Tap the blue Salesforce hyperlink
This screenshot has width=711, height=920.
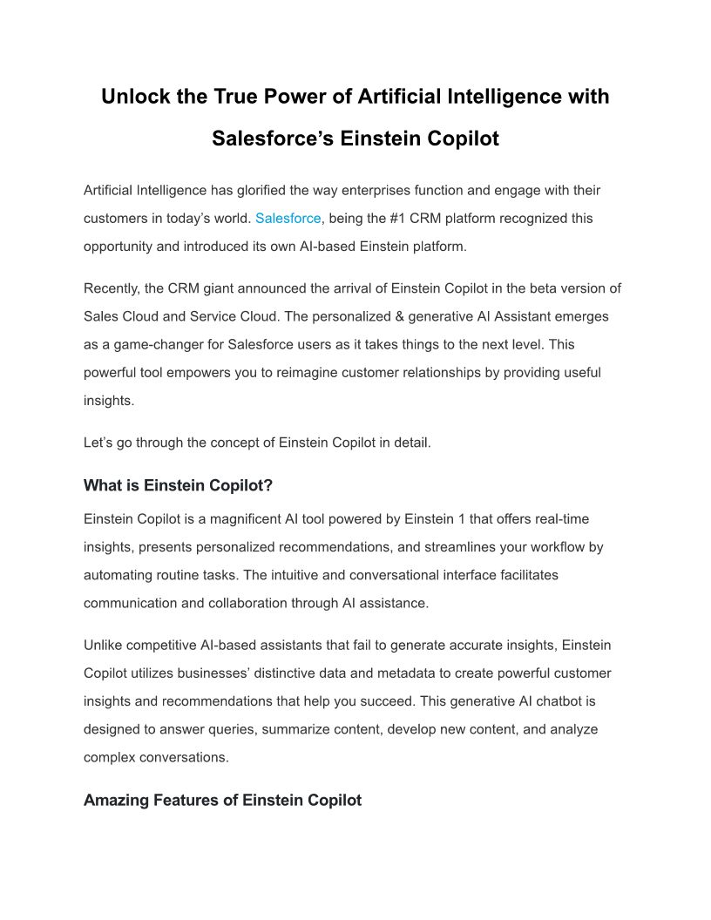[x=288, y=218]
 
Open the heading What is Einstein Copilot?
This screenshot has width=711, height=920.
[x=178, y=485]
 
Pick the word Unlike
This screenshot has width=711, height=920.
[x=104, y=646]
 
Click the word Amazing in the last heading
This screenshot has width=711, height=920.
[x=116, y=800]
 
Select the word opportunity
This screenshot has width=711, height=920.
[x=121, y=246]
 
